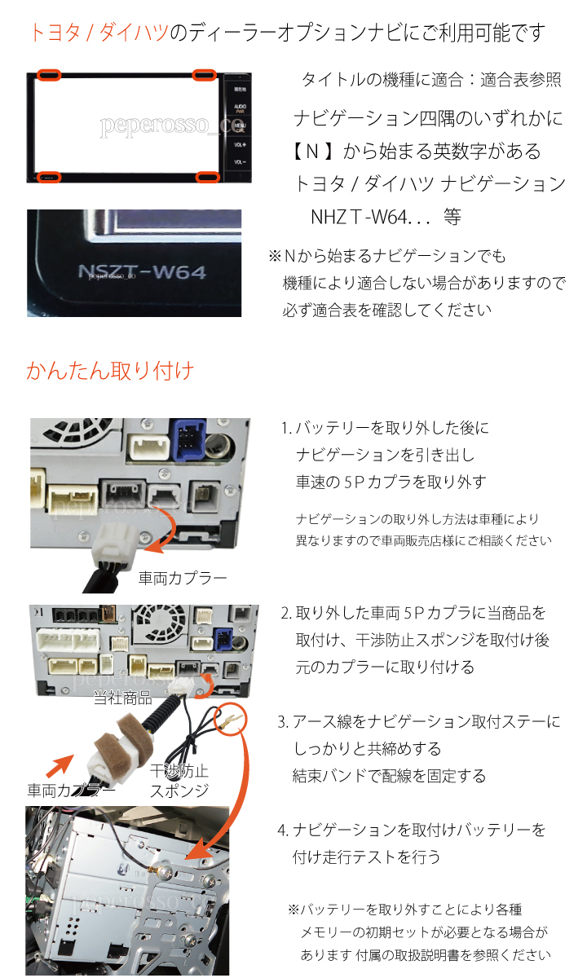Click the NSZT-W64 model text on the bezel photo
[142, 271]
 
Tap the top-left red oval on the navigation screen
[48, 75]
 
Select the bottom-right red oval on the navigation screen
[207, 177]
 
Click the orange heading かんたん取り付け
[110, 371]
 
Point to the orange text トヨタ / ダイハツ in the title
[99, 33]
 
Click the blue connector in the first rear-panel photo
[189, 439]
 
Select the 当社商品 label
[123, 698]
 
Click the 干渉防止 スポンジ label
[179, 781]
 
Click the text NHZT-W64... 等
[386, 217]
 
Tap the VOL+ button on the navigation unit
[240, 144]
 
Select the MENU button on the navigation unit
[240, 127]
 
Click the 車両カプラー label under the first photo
[183, 579]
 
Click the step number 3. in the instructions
[283, 722]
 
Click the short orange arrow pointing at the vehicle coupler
[60, 767]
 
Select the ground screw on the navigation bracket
[165, 872]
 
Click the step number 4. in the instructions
[283, 830]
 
